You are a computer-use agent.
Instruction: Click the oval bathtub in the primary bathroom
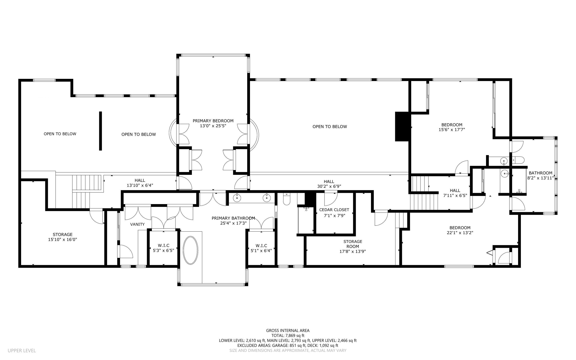coord(190,250)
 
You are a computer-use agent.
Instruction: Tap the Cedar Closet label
coord(334,210)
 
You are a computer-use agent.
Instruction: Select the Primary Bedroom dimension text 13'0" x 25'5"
coord(213,126)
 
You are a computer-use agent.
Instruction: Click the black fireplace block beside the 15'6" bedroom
coord(403,126)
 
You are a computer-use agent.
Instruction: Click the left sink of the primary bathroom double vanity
coord(237,198)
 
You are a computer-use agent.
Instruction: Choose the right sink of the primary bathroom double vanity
coord(267,198)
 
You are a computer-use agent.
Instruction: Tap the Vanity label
coord(137,224)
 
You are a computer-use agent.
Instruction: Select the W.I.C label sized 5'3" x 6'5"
coord(163,248)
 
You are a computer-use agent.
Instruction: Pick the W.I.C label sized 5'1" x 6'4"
coord(261,248)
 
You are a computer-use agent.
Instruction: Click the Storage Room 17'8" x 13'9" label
coord(353,246)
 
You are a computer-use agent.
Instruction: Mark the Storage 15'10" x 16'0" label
coord(62,237)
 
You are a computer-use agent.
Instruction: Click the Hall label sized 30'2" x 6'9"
coord(329,184)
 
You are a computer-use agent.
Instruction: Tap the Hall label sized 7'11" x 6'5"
coord(455,193)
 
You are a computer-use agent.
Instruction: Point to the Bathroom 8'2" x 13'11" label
coord(540,175)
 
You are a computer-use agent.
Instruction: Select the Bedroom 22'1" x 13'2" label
coord(460,230)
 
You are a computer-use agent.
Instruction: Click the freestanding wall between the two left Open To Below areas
coord(100,131)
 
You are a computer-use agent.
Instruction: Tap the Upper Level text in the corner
coord(22,350)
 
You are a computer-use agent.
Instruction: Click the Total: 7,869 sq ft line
coord(288,336)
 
